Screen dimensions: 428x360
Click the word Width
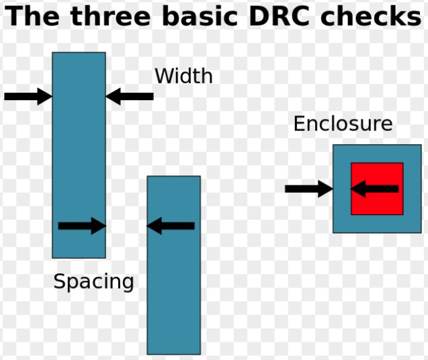click(x=183, y=77)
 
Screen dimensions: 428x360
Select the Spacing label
click(x=93, y=281)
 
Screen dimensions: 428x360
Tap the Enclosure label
click(x=343, y=124)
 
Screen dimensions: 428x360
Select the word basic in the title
click(x=199, y=16)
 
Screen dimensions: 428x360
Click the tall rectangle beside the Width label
click(x=79, y=154)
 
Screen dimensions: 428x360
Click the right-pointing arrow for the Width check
click(x=28, y=96)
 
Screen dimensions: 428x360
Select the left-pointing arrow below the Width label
click(x=130, y=96)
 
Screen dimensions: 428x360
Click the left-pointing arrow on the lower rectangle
click(x=171, y=226)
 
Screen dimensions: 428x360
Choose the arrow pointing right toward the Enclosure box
click(x=308, y=189)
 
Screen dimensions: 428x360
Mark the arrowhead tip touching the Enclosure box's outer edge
click(x=332, y=189)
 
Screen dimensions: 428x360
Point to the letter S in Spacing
click(x=59, y=281)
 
